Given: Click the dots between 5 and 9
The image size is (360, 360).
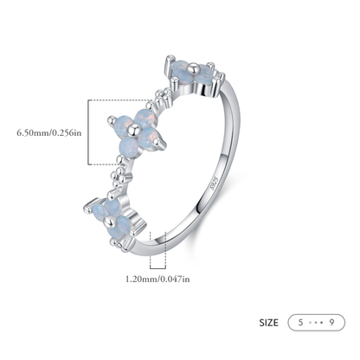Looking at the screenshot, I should click(x=316, y=323).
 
